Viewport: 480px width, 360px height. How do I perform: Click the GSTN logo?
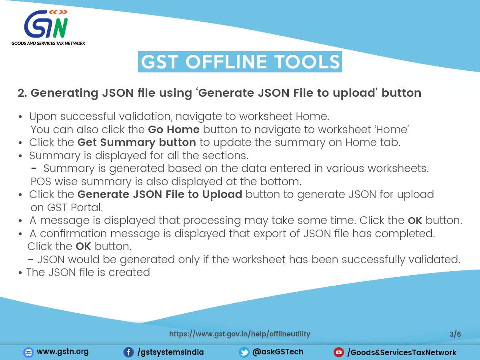[48, 28]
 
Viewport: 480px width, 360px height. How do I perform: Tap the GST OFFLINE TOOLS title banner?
[240, 62]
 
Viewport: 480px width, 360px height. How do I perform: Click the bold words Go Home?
[174, 130]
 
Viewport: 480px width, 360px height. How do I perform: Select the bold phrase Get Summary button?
[137, 143]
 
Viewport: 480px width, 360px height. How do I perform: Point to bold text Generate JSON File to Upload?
[160, 194]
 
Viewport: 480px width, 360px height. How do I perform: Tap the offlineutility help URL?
[240, 334]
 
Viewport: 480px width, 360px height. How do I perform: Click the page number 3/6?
[455, 334]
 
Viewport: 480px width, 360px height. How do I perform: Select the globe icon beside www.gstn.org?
[28, 352]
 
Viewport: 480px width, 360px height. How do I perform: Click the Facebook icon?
[128, 352]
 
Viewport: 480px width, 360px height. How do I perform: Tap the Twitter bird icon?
[244, 352]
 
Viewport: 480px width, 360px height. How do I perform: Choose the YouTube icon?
[339, 352]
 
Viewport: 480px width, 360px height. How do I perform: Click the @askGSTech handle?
[278, 352]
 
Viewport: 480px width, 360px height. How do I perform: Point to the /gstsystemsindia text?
[170, 352]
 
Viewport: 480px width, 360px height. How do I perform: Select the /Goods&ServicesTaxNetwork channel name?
[402, 352]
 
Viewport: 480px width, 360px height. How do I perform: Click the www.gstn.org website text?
[62, 352]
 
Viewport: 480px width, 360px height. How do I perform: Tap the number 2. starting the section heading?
[22, 93]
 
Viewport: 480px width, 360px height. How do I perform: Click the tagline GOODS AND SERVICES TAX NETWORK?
[48, 43]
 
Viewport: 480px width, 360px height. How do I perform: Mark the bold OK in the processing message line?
[415, 220]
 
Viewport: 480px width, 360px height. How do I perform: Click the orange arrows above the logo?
[58, 12]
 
